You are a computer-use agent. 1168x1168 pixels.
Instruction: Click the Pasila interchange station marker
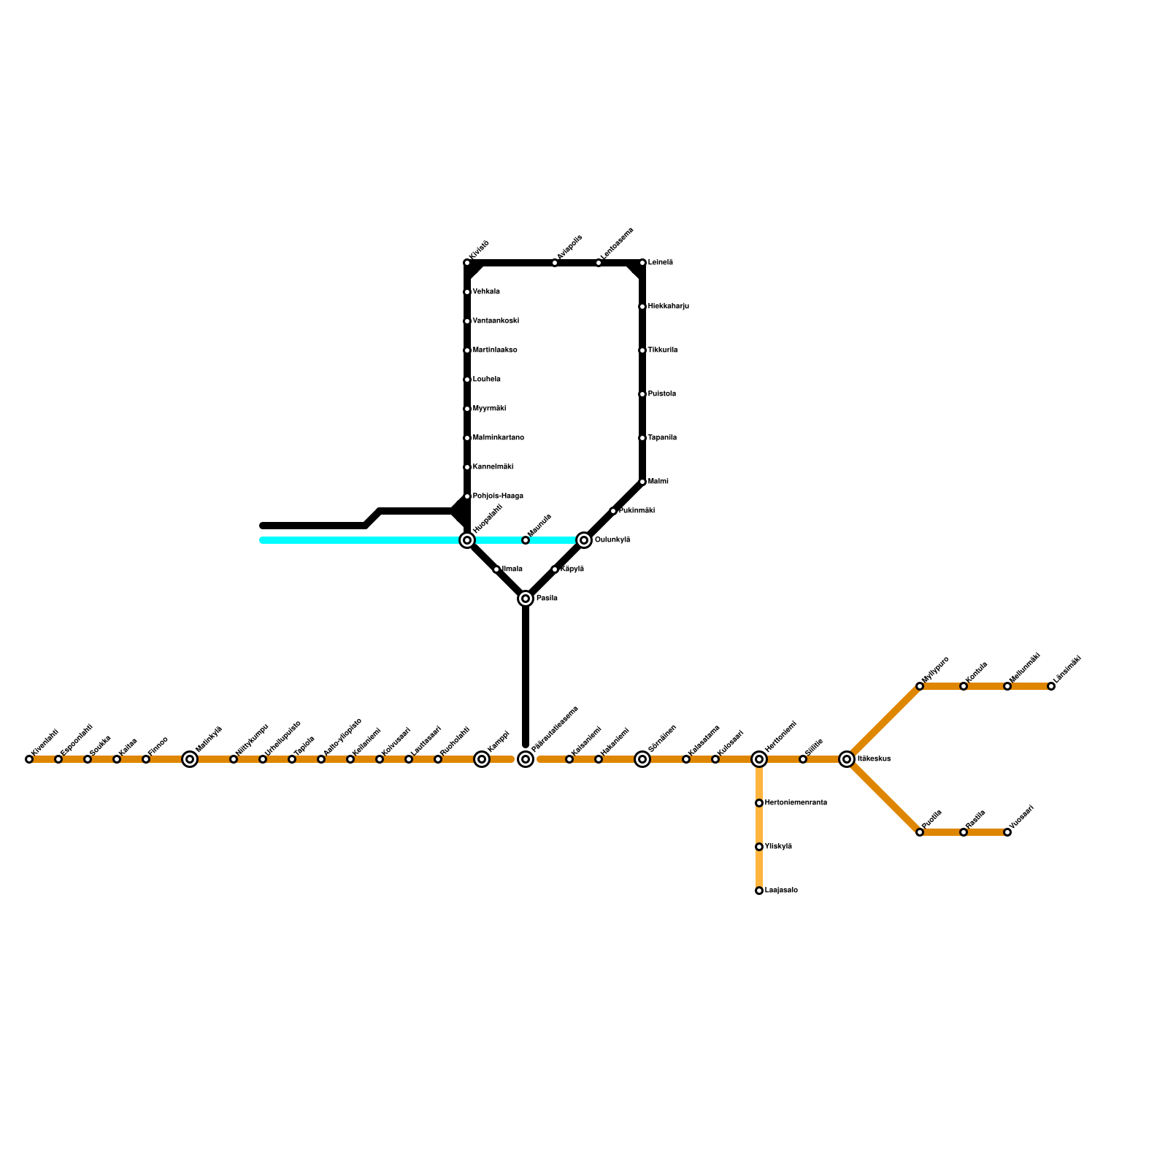coord(526,599)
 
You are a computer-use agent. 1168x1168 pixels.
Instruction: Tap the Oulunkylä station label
coord(612,540)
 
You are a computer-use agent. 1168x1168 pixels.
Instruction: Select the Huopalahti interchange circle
coord(467,540)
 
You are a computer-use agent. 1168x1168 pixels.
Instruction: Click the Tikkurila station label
coord(662,350)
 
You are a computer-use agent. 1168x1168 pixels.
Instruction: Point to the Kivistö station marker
coord(467,263)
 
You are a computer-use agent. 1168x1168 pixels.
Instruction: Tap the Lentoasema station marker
coord(599,263)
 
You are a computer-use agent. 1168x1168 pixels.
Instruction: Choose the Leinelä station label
coord(660,263)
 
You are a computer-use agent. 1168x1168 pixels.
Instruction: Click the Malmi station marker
coord(642,482)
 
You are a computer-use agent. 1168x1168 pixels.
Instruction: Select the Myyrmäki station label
coord(489,409)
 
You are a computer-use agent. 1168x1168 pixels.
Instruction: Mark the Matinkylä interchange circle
coord(190,759)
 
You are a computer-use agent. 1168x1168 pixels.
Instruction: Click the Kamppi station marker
coord(482,759)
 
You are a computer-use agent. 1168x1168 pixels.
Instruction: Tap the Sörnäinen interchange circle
coord(642,759)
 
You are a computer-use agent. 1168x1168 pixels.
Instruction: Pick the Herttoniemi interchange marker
coord(759,759)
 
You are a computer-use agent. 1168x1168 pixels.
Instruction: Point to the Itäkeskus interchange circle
coord(847,759)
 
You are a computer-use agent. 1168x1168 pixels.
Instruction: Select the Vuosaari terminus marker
coord(1007,832)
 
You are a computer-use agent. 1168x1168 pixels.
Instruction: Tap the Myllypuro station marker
coord(920,686)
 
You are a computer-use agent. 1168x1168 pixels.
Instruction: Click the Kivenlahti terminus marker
coord(29,759)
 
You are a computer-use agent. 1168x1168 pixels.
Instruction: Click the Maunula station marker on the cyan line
coord(526,540)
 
